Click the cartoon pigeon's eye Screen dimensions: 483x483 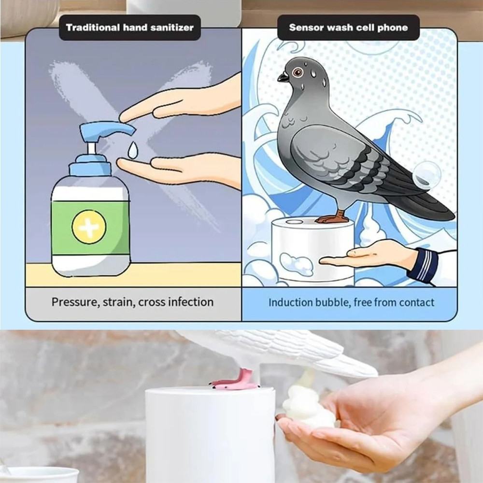pyautogui.click(x=298, y=72)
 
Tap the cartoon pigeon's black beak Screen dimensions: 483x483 pyautogui.click(x=283, y=77)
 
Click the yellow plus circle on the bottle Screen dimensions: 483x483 pyautogui.click(x=89, y=227)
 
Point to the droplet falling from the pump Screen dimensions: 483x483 pyautogui.click(x=132, y=150)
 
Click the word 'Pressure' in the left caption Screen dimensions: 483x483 pyautogui.click(x=73, y=302)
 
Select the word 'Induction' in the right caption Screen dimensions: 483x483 pyautogui.click(x=291, y=303)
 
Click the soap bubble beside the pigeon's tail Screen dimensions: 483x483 pyautogui.click(x=426, y=174)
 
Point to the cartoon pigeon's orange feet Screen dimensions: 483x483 pyautogui.click(x=333, y=217)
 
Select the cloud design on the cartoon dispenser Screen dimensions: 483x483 pyautogui.click(x=296, y=264)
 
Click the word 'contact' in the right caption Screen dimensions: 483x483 pyautogui.click(x=416, y=303)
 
